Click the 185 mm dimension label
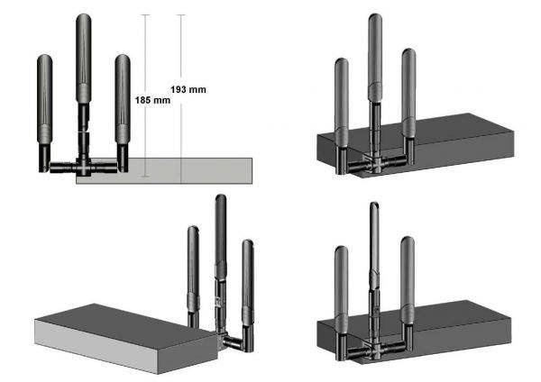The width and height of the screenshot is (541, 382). pos(152,99)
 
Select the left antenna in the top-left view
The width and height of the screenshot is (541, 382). pos(45,99)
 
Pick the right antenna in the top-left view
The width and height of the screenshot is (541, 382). pos(123,99)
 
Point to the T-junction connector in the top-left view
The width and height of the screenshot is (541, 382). pos(83,166)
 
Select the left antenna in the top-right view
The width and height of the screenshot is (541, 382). pos(341,99)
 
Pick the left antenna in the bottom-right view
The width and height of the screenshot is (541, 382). pos(341,284)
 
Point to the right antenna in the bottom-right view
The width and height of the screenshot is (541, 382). pos(408,275)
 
